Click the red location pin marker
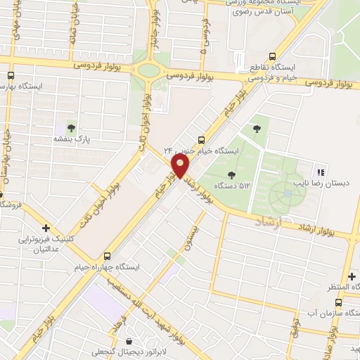point(181,167)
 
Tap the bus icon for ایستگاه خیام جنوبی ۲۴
point(202,139)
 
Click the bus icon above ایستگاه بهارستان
point(11,75)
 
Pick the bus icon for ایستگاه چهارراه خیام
point(107,257)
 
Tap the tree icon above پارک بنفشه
point(70,128)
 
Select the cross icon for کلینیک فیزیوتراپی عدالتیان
point(46,229)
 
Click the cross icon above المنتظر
point(352,276)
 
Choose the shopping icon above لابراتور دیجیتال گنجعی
point(127,341)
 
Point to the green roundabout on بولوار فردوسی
point(148,70)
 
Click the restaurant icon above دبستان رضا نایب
point(320,172)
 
